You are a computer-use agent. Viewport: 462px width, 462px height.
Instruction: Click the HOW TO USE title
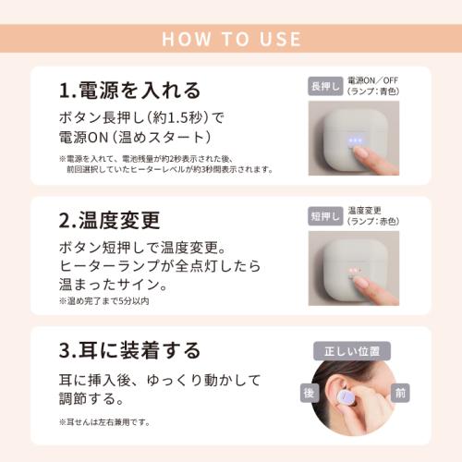tap(231, 39)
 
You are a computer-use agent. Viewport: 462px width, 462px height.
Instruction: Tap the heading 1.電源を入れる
tap(129, 91)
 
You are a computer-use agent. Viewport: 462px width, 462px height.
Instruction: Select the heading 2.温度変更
tap(109, 220)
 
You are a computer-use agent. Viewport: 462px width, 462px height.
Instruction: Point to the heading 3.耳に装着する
tap(129, 350)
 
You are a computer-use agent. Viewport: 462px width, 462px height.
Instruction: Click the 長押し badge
tap(324, 86)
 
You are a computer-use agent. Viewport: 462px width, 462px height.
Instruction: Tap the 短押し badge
tap(324, 216)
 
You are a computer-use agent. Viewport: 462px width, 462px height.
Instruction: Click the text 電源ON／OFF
tap(374, 80)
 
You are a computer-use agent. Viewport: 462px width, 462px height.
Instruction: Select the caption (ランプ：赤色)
tap(374, 222)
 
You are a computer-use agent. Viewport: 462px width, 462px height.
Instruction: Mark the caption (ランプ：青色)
tap(374, 92)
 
